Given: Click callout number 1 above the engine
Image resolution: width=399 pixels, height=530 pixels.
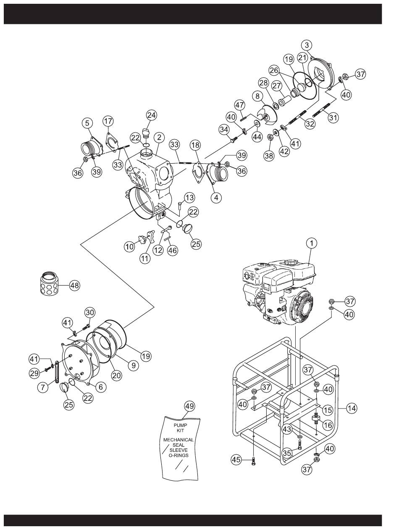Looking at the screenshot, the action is pyautogui.click(x=312, y=244).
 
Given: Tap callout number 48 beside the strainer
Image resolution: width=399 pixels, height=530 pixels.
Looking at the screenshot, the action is pyautogui.click(x=74, y=286).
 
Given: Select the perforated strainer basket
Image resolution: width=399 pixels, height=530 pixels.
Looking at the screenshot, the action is pyautogui.click(x=50, y=283).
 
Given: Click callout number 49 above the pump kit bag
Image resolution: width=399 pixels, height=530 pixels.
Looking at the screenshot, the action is pyautogui.click(x=189, y=406).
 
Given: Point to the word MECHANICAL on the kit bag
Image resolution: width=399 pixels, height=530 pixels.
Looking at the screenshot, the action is pyautogui.click(x=178, y=440).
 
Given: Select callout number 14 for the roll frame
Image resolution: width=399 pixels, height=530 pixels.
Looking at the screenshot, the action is pyautogui.click(x=352, y=408).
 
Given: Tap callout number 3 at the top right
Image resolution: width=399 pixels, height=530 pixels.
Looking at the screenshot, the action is pyautogui.click(x=307, y=45).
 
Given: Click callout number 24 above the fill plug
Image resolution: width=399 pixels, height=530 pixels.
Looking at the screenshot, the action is pyautogui.click(x=151, y=115).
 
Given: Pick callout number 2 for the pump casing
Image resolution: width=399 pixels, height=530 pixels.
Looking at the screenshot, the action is pyautogui.click(x=159, y=138).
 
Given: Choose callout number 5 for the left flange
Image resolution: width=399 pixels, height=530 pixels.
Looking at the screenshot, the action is pyautogui.click(x=87, y=123).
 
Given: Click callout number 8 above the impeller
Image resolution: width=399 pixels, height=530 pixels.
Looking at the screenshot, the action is pyautogui.click(x=257, y=97).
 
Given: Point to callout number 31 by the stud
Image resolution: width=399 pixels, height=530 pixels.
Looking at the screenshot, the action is pyautogui.click(x=333, y=117).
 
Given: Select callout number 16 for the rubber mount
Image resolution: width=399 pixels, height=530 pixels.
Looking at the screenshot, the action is pyautogui.click(x=328, y=425).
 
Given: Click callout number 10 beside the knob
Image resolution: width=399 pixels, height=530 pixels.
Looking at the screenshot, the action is pyautogui.click(x=130, y=247).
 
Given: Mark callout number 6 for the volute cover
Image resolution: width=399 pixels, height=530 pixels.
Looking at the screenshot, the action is pyautogui.click(x=100, y=387).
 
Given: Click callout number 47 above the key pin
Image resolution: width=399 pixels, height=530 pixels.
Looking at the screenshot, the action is pyautogui.click(x=240, y=105).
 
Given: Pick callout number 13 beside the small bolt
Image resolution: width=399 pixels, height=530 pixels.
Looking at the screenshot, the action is pyautogui.click(x=189, y=198).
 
